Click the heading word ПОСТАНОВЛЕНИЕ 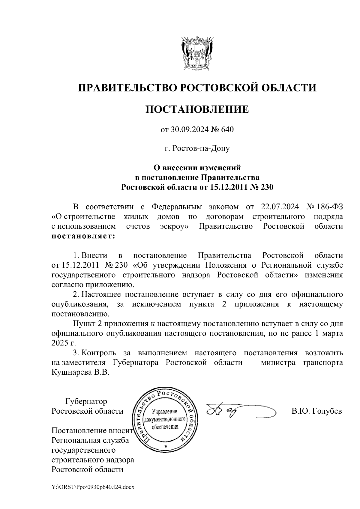pyautogui.click(x=197, y=109)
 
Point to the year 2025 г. pyautogui.click(x=62, y=343)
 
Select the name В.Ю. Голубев pyautogui.click(x=317, y=411)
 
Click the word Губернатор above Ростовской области pyautogui.click(x=86, y=401)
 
